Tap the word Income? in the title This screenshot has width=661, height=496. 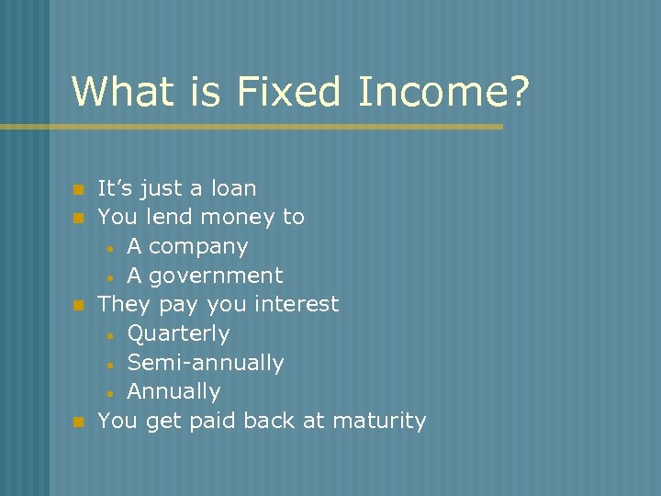tap(444, 91)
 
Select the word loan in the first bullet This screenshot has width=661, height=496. tap(232, 188)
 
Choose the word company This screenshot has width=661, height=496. tap(198, 247)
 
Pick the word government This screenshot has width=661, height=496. tap(216, 276)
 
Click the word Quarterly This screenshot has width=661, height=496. tap(178, 333)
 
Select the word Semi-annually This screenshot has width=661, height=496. tap(205, 363)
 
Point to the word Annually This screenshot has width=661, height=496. tap(174, 391)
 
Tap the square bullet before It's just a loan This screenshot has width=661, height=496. tap(78, 190)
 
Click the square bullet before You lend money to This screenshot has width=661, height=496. tap(78, 219)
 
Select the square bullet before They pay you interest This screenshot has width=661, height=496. tap(78, 305)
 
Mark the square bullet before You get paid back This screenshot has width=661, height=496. tap(78, 422)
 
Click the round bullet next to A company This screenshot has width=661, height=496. tap(109, 248)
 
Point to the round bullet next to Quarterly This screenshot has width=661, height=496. tap(109, 334)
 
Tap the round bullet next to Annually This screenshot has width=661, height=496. tap(109, 393)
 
